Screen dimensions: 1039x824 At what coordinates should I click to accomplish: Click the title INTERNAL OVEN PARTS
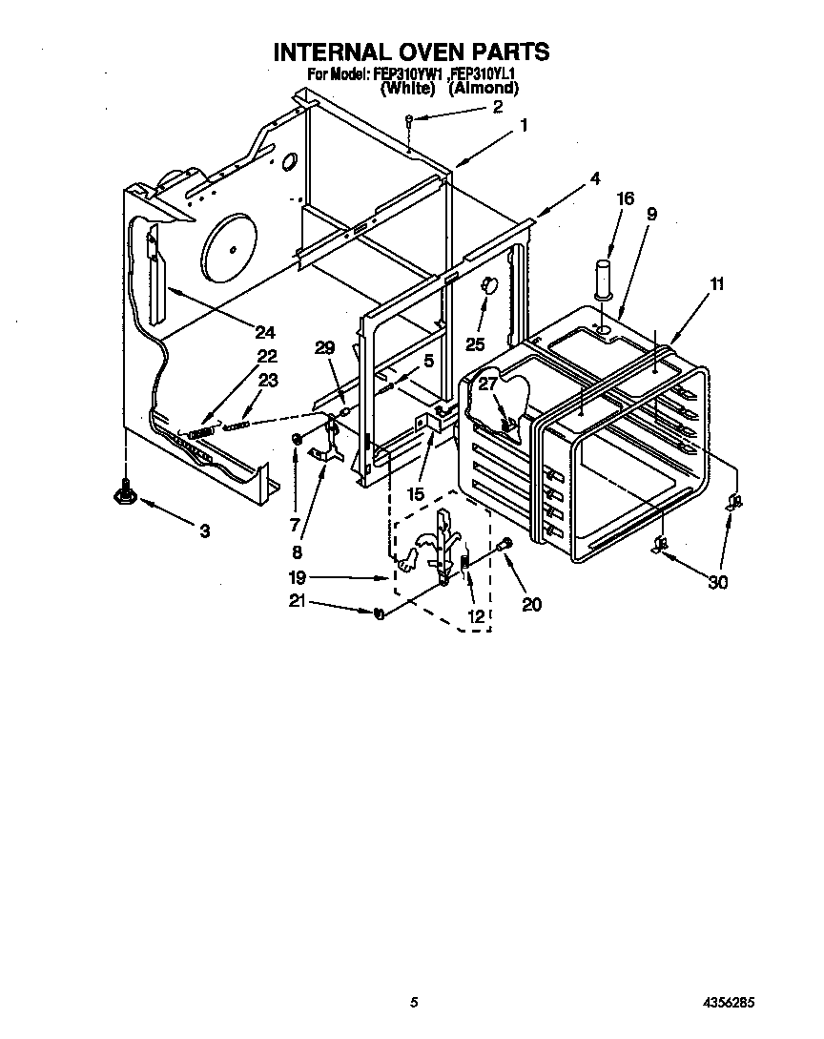(412, 51)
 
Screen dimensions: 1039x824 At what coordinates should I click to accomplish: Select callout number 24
(264, 332)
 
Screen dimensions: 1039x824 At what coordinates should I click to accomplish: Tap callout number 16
(625, 198)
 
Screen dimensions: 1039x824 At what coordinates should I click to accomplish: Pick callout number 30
(717, 582)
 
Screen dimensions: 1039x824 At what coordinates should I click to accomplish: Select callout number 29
(325, 348)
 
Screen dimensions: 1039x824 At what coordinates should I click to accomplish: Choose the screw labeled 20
(505, 545)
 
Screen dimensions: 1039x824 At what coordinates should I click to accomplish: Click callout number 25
(474, 344)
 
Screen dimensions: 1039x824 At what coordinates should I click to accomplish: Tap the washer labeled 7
(297, 439)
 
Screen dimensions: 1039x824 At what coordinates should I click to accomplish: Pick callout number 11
(716, 283)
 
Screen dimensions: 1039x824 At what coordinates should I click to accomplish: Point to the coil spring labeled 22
(200, 433)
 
